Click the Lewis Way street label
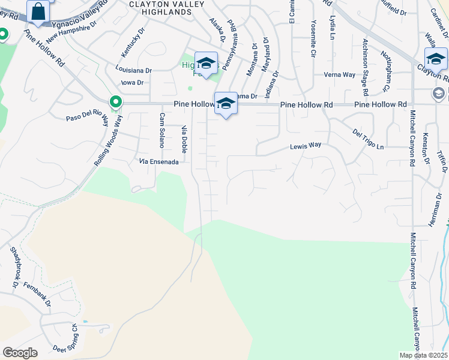(306, 146)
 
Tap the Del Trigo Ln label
(368, 139)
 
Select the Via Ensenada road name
(158, 161)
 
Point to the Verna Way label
(339, 74)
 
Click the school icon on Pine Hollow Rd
(226, 104)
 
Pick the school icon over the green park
(206, 63)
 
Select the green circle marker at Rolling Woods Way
(114, 103)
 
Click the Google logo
(20, 353)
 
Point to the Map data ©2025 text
(423, 355)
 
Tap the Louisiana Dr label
(133, 70)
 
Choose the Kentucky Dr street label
(133, 42)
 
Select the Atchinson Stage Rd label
(364, 67)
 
